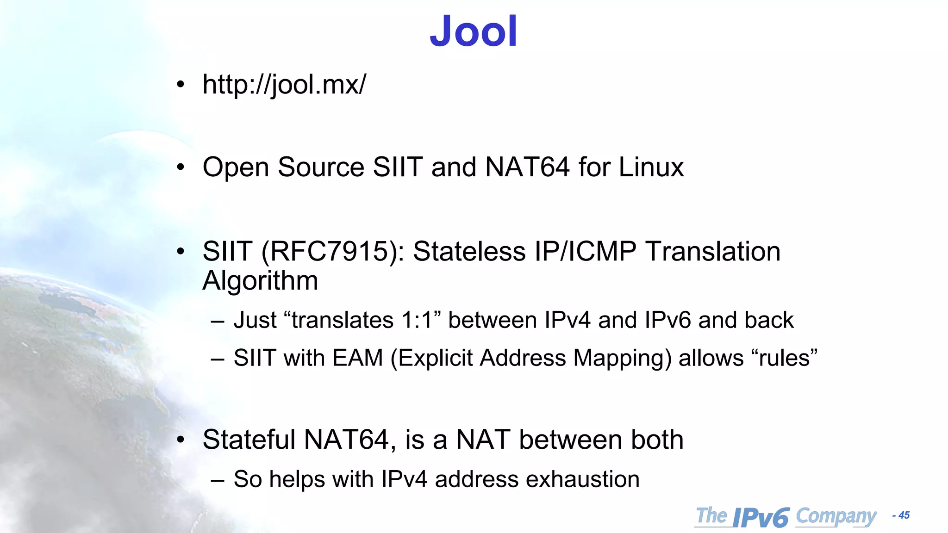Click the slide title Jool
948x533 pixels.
click(x=473, y=31)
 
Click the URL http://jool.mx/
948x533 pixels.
click(x=284, y=85)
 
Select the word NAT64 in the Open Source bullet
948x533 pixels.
click(x=527, y=167)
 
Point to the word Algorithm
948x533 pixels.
click(x=260, y=280)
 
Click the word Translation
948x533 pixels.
click(x=712, y=252)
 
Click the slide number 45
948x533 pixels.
click(x=904, y=515)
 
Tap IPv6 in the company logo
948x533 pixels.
click(x=761, y=517)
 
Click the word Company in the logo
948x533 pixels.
click(x=836, y=516)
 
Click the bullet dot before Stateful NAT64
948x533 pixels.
click(x=181, y=440)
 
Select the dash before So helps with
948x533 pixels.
click(x=217, y=480)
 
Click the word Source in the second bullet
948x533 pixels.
click(x=321, y=167)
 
